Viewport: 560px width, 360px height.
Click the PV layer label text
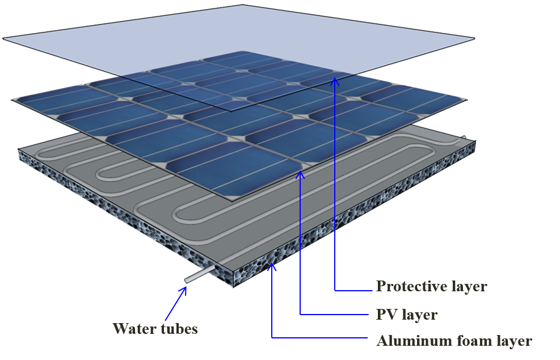[x=407, y=314]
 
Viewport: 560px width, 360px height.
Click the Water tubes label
[x=155, y=328]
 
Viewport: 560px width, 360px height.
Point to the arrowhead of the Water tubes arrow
[x=185, y=290]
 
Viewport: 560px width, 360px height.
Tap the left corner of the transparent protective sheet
[x=5, y=39]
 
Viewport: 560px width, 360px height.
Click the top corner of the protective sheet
[x=244, y=5]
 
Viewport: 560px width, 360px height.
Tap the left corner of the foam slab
[x=18, y=152]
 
